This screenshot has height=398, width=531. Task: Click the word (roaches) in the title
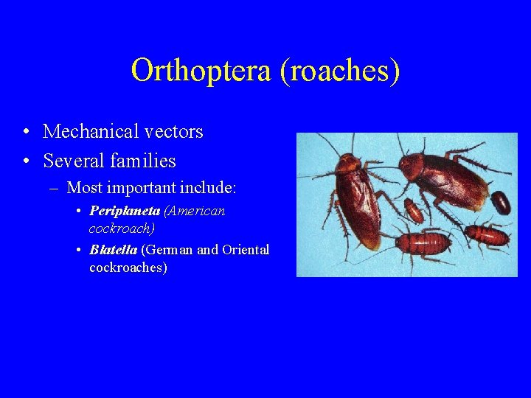(341, 71)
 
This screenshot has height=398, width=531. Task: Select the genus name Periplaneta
(125, 212)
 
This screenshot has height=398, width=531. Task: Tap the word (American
(195, 212)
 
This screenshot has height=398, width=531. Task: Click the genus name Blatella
(113, 250)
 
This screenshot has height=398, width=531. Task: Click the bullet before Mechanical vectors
(26, 133)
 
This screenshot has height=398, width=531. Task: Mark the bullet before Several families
(26, 161)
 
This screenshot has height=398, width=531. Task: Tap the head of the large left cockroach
(344, 161)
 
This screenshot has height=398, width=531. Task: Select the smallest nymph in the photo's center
(414, 211)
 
